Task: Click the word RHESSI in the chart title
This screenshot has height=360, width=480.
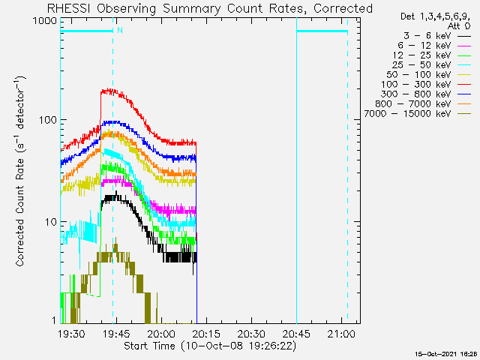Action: (x=69, y=8)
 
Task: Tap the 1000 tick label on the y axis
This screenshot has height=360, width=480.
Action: (x=45, y=21)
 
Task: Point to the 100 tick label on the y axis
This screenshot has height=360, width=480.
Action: (x=48, y=120)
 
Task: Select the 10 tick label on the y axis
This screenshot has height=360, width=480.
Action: (x=52, y=222)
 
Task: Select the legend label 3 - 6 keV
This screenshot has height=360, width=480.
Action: (x=427, y=36)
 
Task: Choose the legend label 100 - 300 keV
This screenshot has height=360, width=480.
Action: (x=415, y=85)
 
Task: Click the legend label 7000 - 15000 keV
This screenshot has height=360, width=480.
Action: (x=407, y=114)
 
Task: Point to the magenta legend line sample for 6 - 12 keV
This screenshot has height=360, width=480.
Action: (x=464, y=46)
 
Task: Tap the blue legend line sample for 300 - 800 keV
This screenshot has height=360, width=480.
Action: (x=464, y=94)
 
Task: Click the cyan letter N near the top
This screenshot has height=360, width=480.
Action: (x=120, y=30)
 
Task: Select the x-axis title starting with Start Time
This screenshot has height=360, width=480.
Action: (x=210, y=346)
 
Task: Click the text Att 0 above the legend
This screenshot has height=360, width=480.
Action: (x=458, y=26)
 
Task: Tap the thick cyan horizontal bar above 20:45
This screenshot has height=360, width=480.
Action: (x=322, y=31)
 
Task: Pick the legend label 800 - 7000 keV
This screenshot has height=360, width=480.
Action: (x=413, y=104)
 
